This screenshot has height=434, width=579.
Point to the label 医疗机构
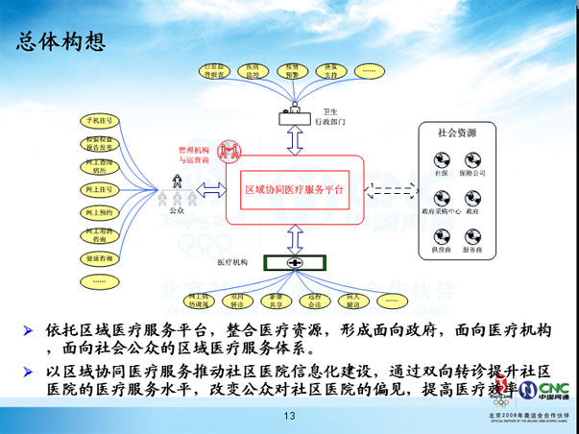[x=232, y=261]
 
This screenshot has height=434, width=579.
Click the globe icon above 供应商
[x=442, y=233]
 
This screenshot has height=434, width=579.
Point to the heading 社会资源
[x=457, y=133]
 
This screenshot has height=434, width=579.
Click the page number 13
[x=288, y=416]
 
